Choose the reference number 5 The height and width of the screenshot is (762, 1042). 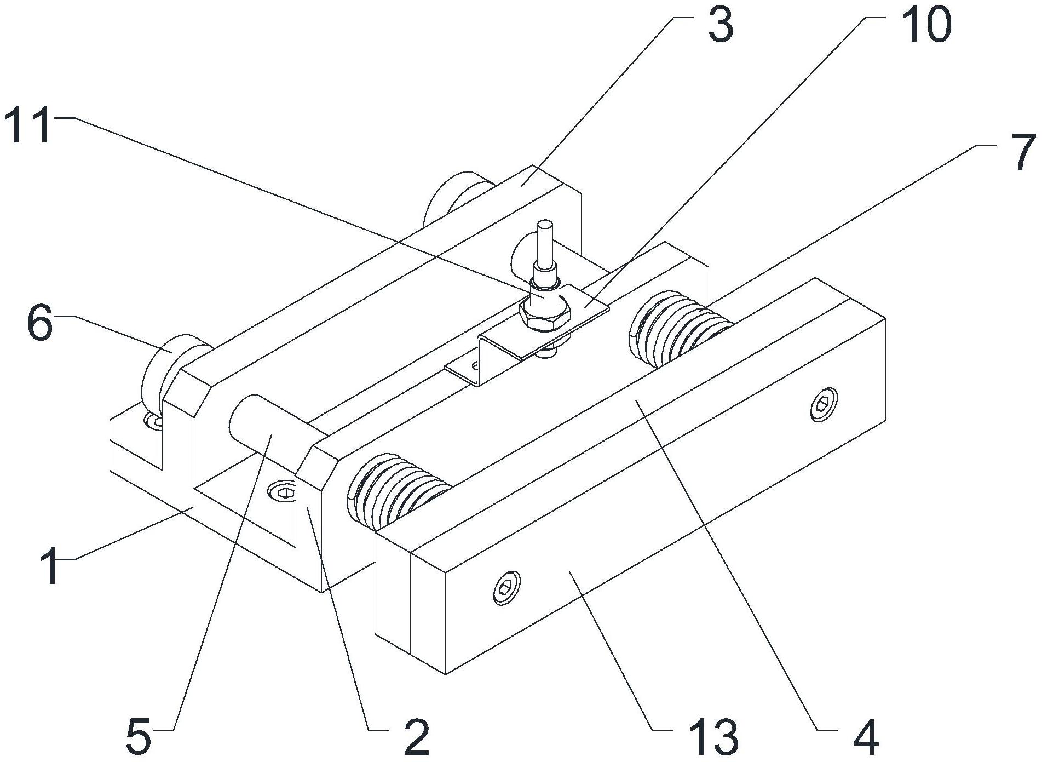(x=138, y=737)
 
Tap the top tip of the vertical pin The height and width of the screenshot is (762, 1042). (x=545, y=225)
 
